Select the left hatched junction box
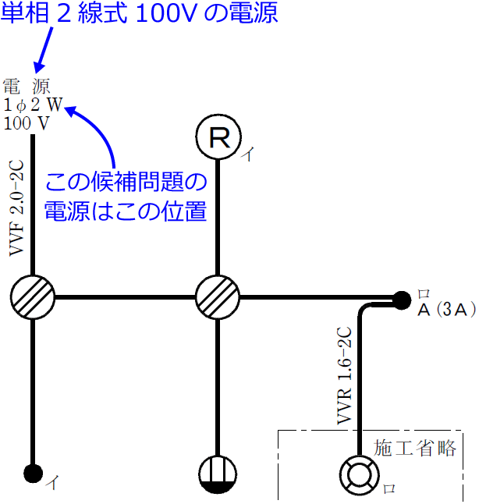coord(33,296)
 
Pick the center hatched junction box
coord(216,296)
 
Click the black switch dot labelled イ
coord(33,472)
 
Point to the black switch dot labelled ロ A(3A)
coord(402,298)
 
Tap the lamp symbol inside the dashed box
coord(358,474)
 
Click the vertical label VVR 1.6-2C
coord(344,376)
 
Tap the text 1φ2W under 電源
coord(33,105)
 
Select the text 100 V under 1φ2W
coord(26,122)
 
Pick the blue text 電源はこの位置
coord(125,211)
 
